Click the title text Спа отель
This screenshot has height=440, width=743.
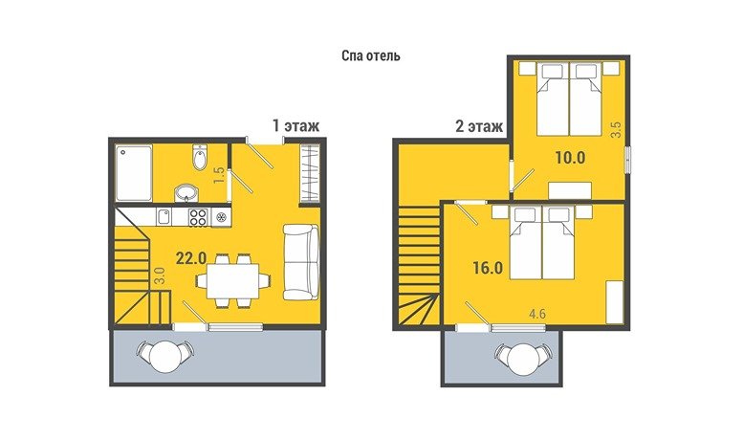371,55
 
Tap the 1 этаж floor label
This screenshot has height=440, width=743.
295,126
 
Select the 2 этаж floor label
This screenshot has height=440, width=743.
478,126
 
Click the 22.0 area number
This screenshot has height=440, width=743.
191,258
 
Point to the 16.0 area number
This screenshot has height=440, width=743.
488,268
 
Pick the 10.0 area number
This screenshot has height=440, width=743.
571,158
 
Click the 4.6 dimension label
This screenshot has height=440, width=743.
536,314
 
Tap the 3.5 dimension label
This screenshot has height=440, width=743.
616,129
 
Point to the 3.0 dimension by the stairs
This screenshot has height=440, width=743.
159,275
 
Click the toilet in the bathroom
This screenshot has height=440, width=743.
200,157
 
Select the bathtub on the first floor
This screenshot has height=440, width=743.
134,173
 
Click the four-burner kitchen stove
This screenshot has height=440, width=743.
198,217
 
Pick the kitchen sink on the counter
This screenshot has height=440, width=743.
164,217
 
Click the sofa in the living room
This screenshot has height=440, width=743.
301,262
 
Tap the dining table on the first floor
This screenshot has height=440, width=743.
232,280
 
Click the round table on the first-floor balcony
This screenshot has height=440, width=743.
164,357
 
